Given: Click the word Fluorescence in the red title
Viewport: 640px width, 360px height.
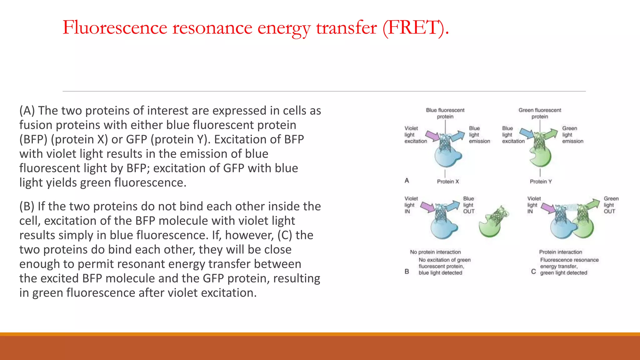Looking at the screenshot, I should pyautogui.click(x=115, y=27).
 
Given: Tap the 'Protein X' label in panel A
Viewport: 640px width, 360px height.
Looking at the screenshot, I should pyautogui.click(x=448, y=182).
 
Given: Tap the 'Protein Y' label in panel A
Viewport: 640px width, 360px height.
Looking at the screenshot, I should pyautogui.click(x=541, y=182).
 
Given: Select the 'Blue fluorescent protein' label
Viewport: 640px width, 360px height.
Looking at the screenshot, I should pyautogui.click(x=445, y=113).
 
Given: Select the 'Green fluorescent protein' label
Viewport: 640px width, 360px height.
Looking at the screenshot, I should pyautogui.click(x=540, y=113).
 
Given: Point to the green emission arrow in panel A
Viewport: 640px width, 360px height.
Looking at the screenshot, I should pyautogui.click(x=551, y=134).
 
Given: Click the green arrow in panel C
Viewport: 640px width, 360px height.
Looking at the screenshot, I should pyautogui.click(x=593, y=204).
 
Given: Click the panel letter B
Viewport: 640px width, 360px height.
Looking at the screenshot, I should pyautogui.click(x=407, y=272).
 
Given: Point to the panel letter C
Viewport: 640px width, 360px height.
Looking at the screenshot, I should pyautogui.click(x=533, y=272).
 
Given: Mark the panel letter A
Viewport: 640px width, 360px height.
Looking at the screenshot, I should pyautogui.click(x=407, y=181).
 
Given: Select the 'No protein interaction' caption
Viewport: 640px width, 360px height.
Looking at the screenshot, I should pyautogui.click(x=435, y=252).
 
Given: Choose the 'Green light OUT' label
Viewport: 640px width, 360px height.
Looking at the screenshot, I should pyautogui.click(x=611, y=205).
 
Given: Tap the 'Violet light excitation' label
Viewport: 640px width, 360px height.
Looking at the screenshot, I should pyautogui.click(x=415, y=135).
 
